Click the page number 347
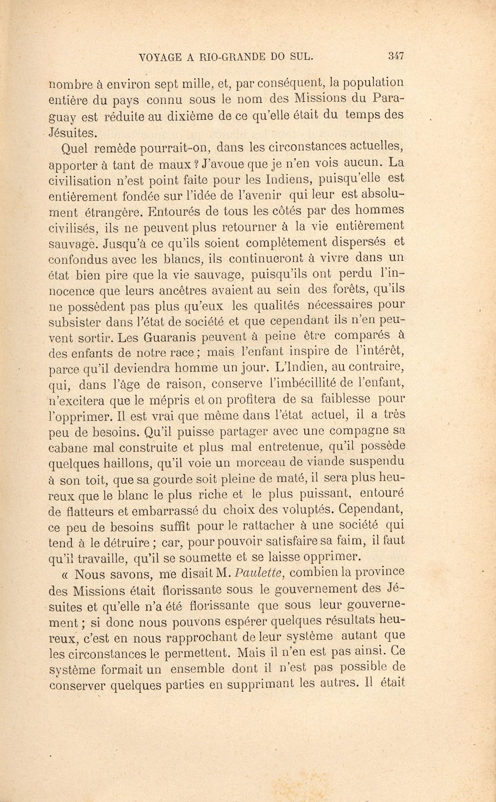pyautogui.click(x=396, y=57)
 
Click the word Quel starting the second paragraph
pyautogui.click(x=73, y=148)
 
